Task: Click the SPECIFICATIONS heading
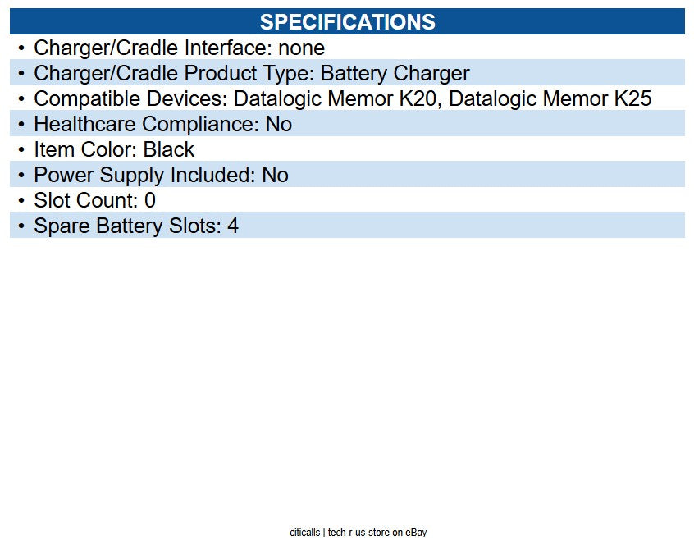coord(348,21)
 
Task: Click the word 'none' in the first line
coord(301,48)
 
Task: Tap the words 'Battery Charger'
coord(395,74)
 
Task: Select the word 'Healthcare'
coord(84,124)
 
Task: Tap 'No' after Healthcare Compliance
coord(278,124)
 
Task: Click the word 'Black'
coord(169,149)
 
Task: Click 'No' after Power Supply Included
coord(275,175)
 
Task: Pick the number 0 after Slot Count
coord(150,200)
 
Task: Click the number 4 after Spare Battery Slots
coord(233,226)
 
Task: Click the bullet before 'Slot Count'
coord(21,200)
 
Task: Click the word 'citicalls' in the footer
coord(304,532)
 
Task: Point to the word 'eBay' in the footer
coord(416,533)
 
